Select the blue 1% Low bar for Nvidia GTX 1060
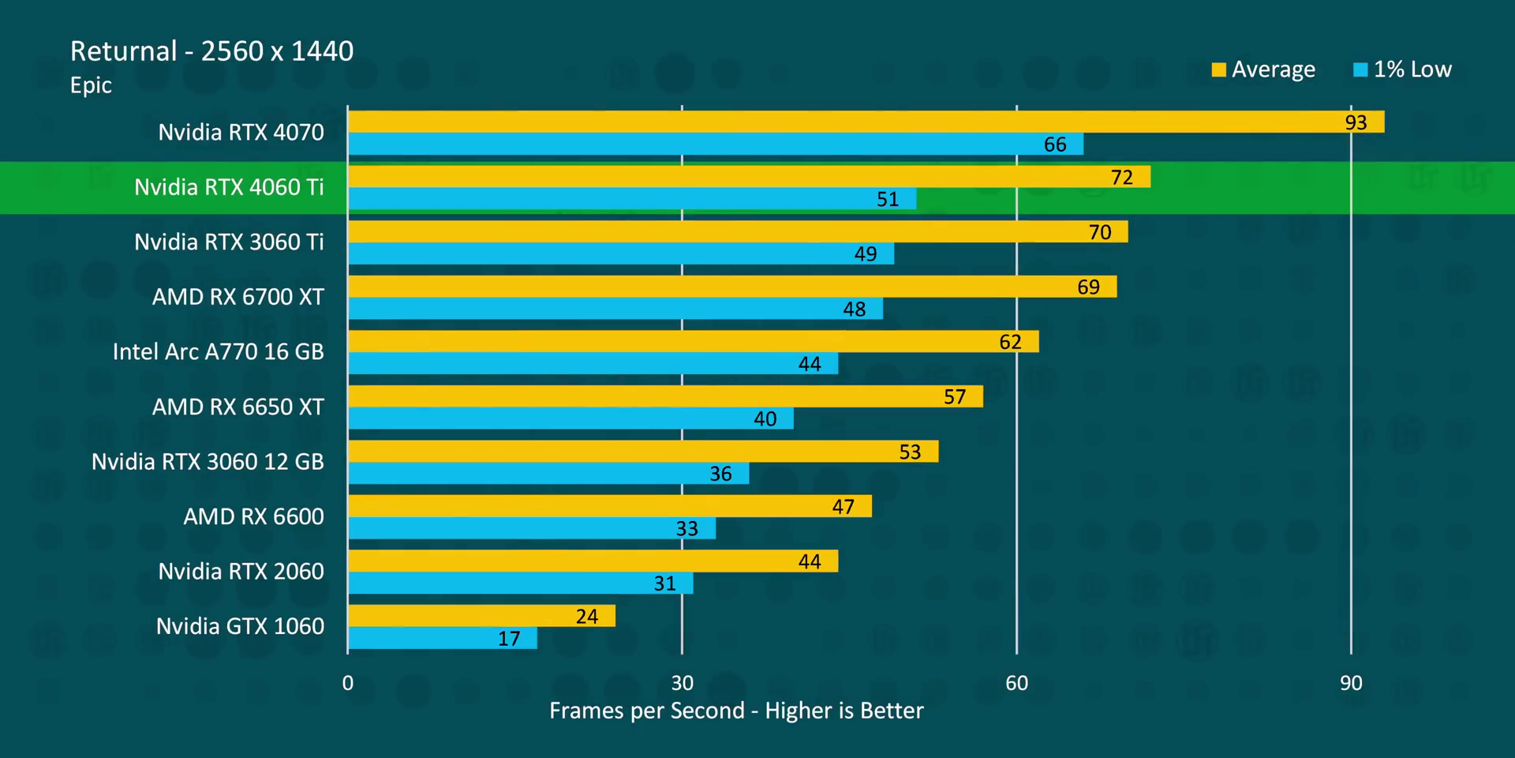443,638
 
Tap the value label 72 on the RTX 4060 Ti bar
1121,178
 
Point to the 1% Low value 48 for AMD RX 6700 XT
854,309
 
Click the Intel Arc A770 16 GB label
218,351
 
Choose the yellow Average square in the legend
1218,69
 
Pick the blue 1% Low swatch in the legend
1360,69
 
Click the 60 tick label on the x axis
1016,683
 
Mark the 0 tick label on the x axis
348,683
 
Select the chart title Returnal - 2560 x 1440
211,51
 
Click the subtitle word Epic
91,85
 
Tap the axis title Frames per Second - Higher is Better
736,711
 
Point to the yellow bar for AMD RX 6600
609,506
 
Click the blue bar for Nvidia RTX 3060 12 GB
548,473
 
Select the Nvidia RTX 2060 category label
241,571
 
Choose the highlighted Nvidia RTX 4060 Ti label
229,187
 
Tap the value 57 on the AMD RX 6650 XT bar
955,396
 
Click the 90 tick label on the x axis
1351,683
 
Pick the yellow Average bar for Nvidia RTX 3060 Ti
738,231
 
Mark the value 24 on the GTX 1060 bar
586,616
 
